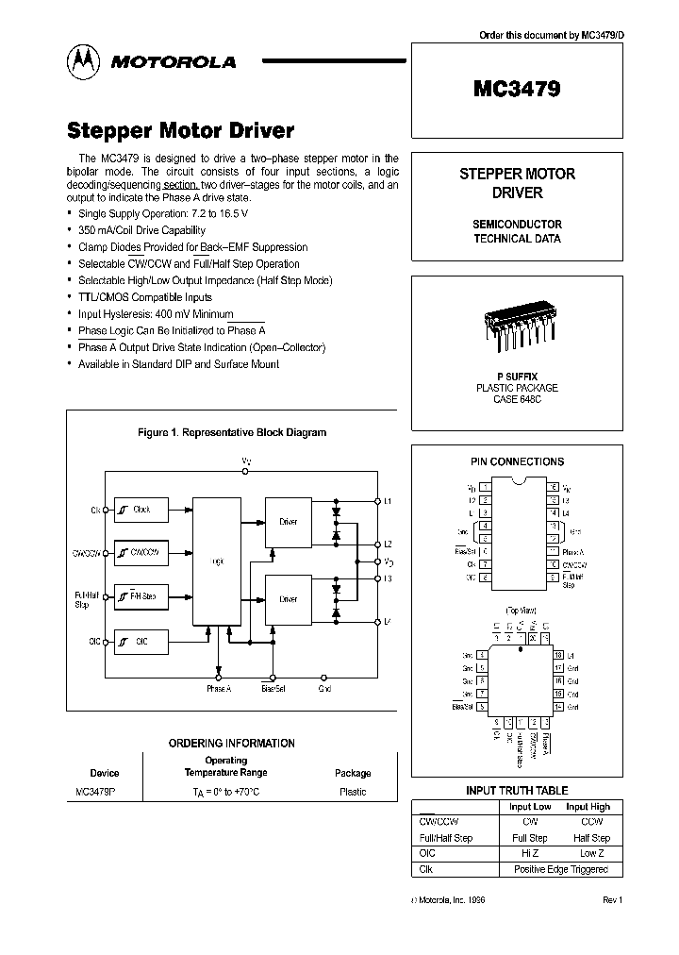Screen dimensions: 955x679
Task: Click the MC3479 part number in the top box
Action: pyautogui.click(x=516, y=90)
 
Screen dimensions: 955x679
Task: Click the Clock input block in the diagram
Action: pyautogui.click(x=139, y=510)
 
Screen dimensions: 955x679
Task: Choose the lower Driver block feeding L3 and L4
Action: pyautogui.click(x=288, y=598)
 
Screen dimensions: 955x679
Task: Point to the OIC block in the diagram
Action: pyautogui.click(x=139, y=642)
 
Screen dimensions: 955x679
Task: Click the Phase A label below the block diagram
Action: pyautogui.click(x=219, y=689)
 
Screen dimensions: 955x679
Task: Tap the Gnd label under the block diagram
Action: pyautogui.click(x=324, y=689)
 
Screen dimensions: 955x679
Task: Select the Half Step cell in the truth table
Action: pyautogui.click(x=591, y=838)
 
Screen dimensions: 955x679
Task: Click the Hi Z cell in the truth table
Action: pyautogui.click(x=529, y=853)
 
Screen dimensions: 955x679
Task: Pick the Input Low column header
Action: pyautogui.click(x=529, y=807)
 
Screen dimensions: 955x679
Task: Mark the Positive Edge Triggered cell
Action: pyautogui.click(x=560, y=869)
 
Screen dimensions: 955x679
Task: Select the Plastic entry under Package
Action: pyautogui.click(x=353, y=792)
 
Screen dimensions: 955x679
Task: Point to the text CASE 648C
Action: pyautogui.click(x=516, y=399)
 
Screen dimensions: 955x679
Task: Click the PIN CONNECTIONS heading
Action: pyautogui.click(x=517, y=461)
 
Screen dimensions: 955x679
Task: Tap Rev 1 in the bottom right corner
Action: pyautogui.click(x=612, y=901)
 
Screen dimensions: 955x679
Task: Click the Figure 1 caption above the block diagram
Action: pyautogui.click(x=232, y=432)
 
